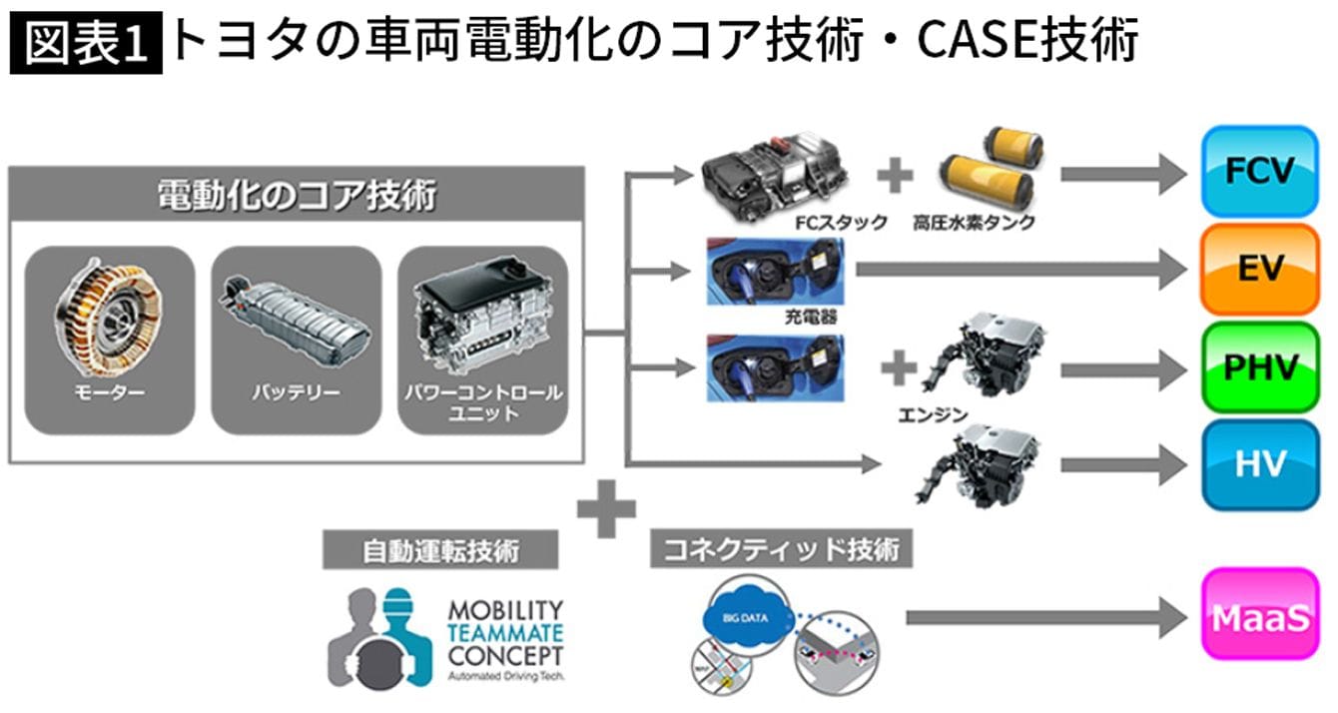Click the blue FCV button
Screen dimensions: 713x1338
point(1259,172)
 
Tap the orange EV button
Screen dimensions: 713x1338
point(1259,270)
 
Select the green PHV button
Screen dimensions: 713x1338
point(1259,367)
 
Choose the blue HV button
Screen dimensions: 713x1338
point(1259,464)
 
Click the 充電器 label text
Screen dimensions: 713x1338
point(811,318)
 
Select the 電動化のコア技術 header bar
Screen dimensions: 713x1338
point(297,194)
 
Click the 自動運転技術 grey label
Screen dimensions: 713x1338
point(439,549)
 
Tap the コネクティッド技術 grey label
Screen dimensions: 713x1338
point(781,548)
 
